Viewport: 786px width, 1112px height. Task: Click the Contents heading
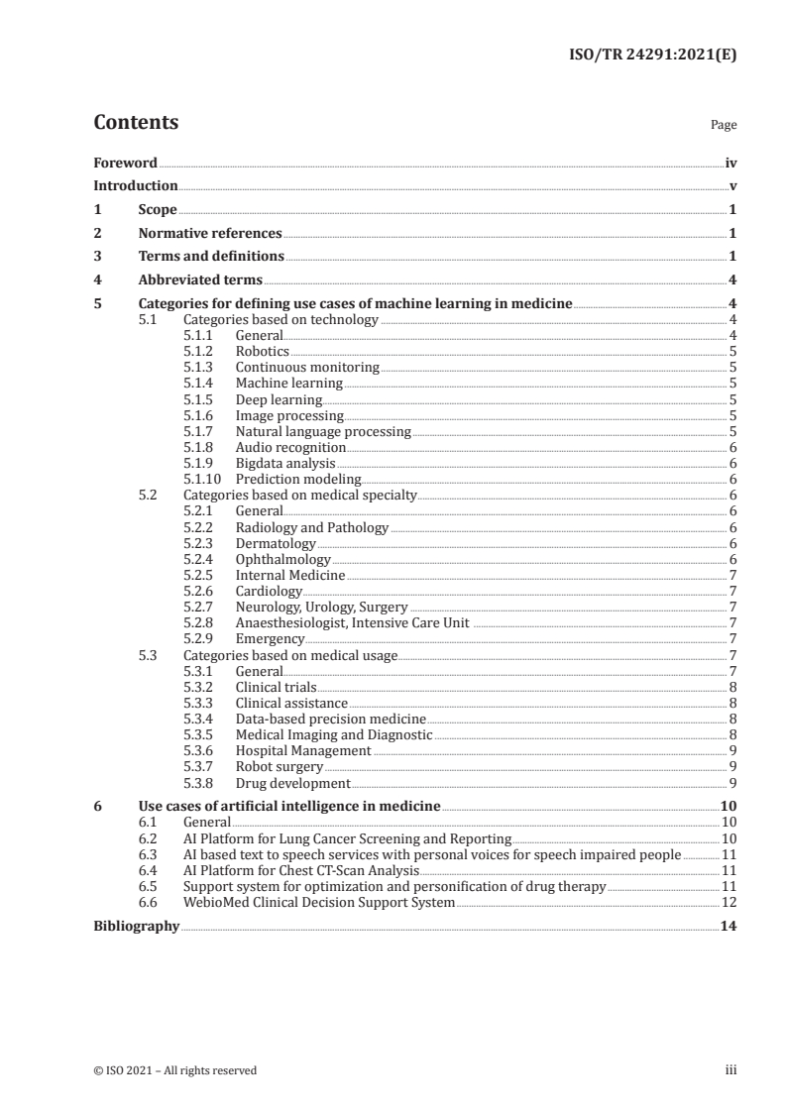point(136,123)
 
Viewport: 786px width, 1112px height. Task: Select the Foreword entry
point(125,163)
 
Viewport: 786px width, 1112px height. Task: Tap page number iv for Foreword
point(730,163)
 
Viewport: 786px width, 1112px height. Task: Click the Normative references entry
point(210,234)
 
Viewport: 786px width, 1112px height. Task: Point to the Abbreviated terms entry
point(200,280)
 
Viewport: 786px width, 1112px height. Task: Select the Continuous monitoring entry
point(307,368)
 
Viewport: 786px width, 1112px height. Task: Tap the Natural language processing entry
point(322,432)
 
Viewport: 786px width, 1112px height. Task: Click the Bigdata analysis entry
point(285,464)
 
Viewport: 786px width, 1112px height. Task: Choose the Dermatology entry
point(276,544)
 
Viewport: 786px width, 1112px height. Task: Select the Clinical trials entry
point(278,687)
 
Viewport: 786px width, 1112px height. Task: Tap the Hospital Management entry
point(303,751)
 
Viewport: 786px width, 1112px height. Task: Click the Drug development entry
point(292,783)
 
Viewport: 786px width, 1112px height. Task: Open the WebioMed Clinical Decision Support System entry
point(319,903)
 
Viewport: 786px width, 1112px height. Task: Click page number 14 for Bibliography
point(729,927)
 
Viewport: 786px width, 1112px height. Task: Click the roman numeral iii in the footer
point(730,1070)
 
